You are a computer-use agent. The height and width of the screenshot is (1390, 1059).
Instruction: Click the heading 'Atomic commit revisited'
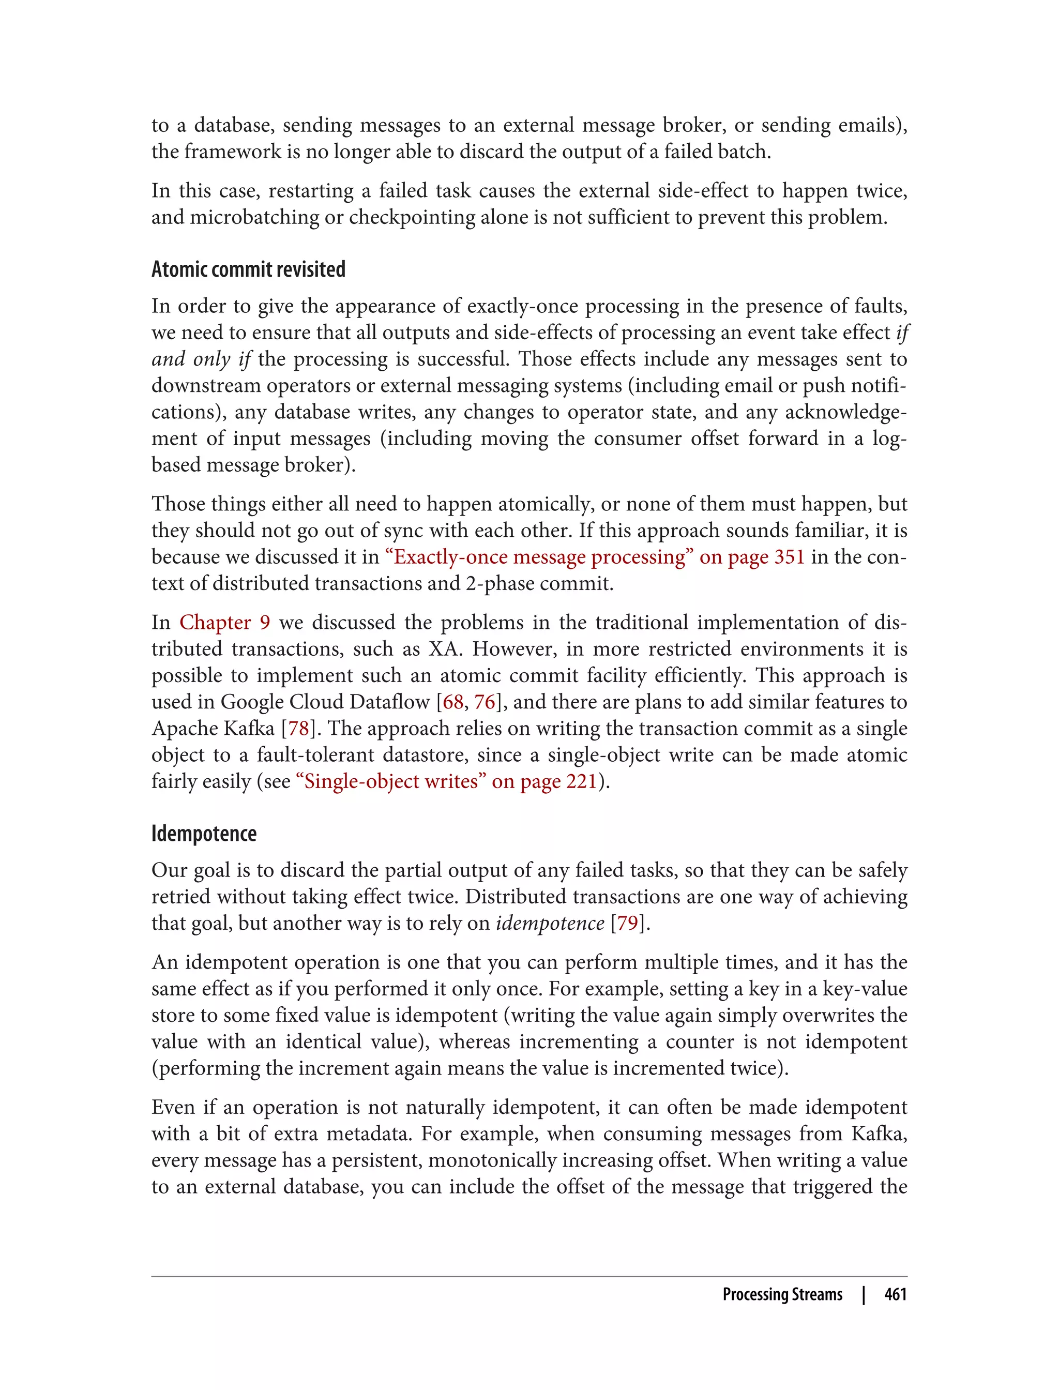coord(248,270)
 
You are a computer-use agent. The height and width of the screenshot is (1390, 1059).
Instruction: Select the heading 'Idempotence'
coord(204,834)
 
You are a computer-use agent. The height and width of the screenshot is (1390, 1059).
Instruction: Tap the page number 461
coord(895,1294)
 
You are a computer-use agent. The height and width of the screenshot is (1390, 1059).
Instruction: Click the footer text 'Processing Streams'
coord(782,1294)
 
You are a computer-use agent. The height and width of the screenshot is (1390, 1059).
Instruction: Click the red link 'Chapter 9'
coord(225,622)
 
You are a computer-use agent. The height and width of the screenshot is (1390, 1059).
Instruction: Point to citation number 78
coord(298,728)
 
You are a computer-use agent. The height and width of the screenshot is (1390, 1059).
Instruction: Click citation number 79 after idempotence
coord(627,923)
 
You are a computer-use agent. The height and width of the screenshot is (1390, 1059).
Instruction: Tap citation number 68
coord(452,702)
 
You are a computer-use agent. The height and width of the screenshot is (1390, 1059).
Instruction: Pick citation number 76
coord(485,702)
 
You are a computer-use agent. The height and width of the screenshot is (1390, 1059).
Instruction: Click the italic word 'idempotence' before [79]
coord(550,923)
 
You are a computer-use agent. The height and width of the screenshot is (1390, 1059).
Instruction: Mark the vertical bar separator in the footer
coord(864,1294)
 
